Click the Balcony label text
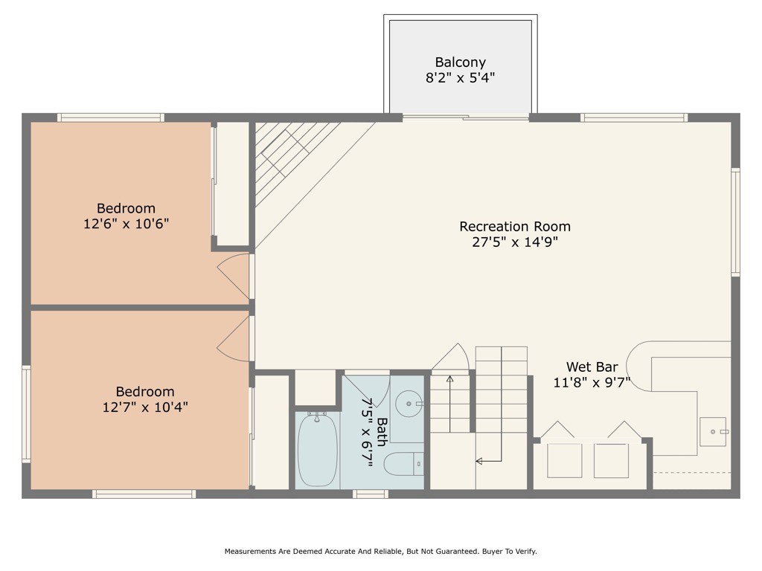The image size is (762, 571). [x=460, y=62]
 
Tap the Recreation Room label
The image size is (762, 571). [x=515, y=226]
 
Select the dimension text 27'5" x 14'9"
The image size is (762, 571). [x=515, y=242]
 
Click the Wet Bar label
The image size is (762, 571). [x=592, y=367]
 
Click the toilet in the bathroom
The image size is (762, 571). [x=403, y=464]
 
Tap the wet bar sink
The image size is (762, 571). [x=712, y=431]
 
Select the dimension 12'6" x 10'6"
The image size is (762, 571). [x=126, y=224]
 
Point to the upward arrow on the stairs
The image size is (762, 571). [x=449, y=381]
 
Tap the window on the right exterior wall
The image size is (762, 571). [x=735, y=222]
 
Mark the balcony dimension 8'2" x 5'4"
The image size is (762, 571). [x=460, y=78]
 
